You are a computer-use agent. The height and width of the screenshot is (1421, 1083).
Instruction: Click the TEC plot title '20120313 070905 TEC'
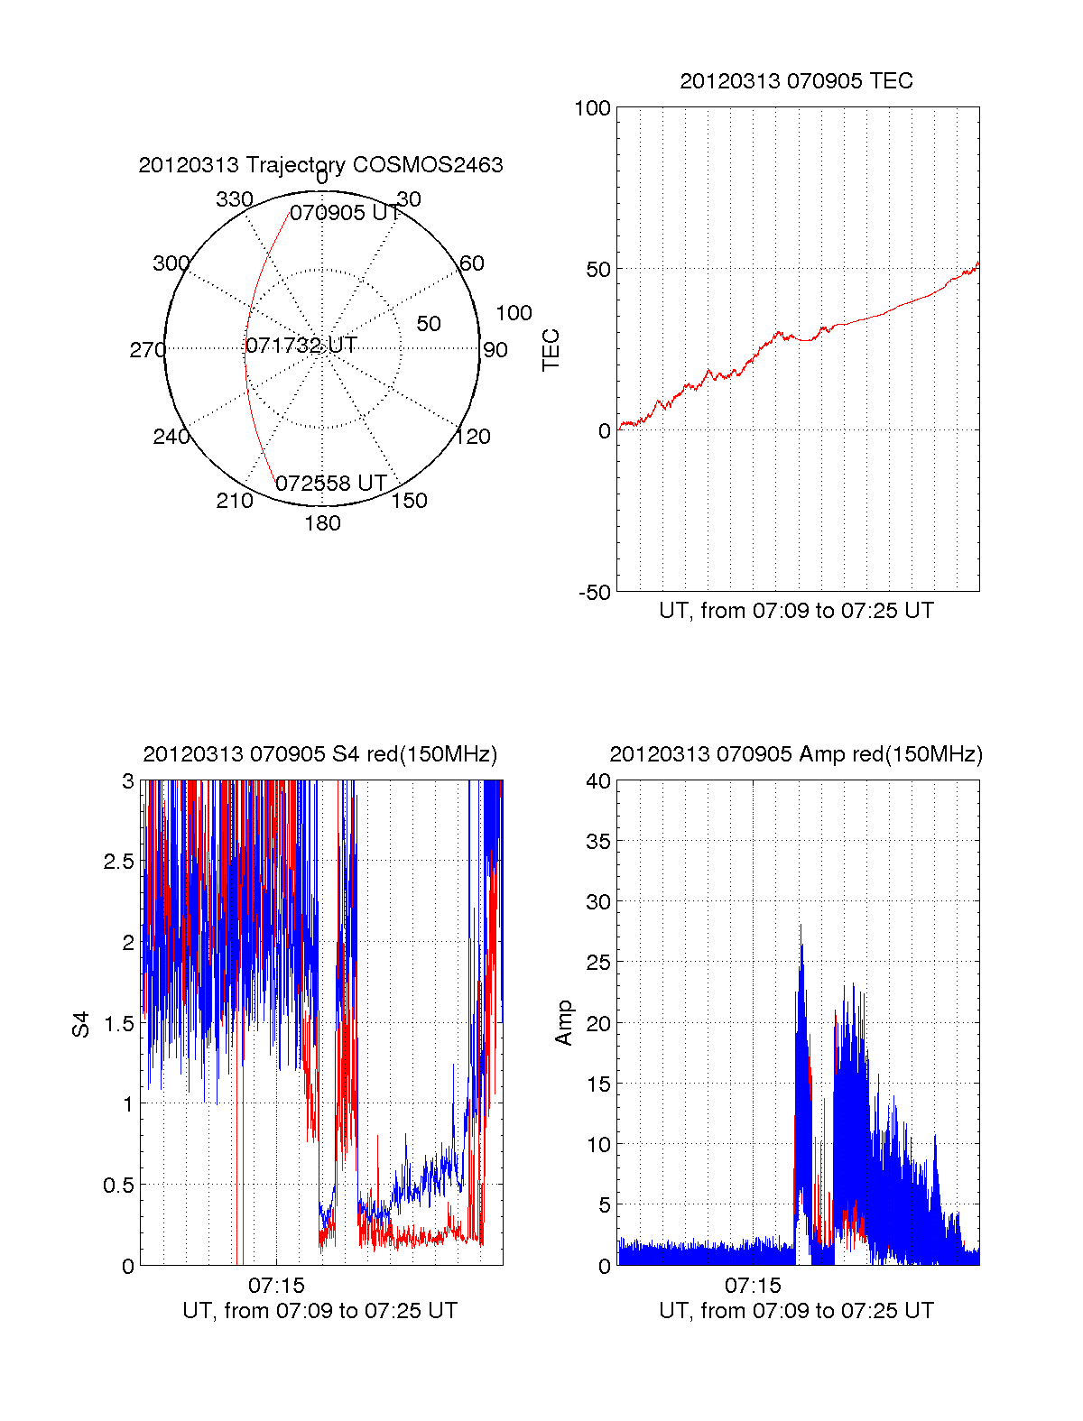pyautogui.click(x=796, y=81)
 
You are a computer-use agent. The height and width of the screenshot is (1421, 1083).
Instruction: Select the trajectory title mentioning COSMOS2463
pyautogui.click(x=320, y=165)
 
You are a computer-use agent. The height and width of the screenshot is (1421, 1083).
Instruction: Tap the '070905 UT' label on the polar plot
pyautogui.click(x=345, y=213)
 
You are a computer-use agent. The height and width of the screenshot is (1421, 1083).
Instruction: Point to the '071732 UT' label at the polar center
pyautogui.click(x=301, y=346)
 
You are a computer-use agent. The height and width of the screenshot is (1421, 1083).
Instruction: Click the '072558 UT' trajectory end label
pyautogui.click(x=331, y=484)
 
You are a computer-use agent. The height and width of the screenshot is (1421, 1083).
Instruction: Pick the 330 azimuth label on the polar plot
pyautogui.click(x=234, y=199)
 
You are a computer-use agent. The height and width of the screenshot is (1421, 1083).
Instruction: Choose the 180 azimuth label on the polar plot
pyautogui.click(x=322, y=523)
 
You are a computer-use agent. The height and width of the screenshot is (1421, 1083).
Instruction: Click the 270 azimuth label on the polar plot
pyautogui.click(x=147, y=350)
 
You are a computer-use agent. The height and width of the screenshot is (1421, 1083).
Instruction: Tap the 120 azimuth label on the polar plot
pyautogui.click(x=473, y=437)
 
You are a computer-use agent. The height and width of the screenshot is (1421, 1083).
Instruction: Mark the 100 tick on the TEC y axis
pyautogui.click(x=592, y=108)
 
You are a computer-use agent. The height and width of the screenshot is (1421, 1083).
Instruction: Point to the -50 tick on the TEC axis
pyautogui.click(x=595, y=593)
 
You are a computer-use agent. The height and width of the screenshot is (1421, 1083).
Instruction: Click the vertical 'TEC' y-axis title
pyautogui.click(x=551, y=350)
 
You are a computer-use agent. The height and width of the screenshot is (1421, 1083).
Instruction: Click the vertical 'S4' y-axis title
pyautogui.click(x=81, y=1024)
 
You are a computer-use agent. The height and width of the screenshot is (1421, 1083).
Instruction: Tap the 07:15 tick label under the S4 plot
pyautogui.click(x=276, y=1285)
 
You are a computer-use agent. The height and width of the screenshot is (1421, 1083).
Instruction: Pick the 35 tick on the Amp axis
pyautogui.click(x=598, y=842)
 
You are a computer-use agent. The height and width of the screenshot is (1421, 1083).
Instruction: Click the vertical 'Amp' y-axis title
pyautogui.click(x=564, y=1023)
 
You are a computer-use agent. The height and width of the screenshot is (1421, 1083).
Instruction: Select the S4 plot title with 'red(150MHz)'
pyautogui.click(x=320, y=754)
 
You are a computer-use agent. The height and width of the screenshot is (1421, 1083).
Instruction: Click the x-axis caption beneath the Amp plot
pyautogui.click(x=796, y=1311)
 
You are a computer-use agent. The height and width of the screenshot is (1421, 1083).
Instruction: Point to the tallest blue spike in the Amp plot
pyautogui.click(x=801, y=926)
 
